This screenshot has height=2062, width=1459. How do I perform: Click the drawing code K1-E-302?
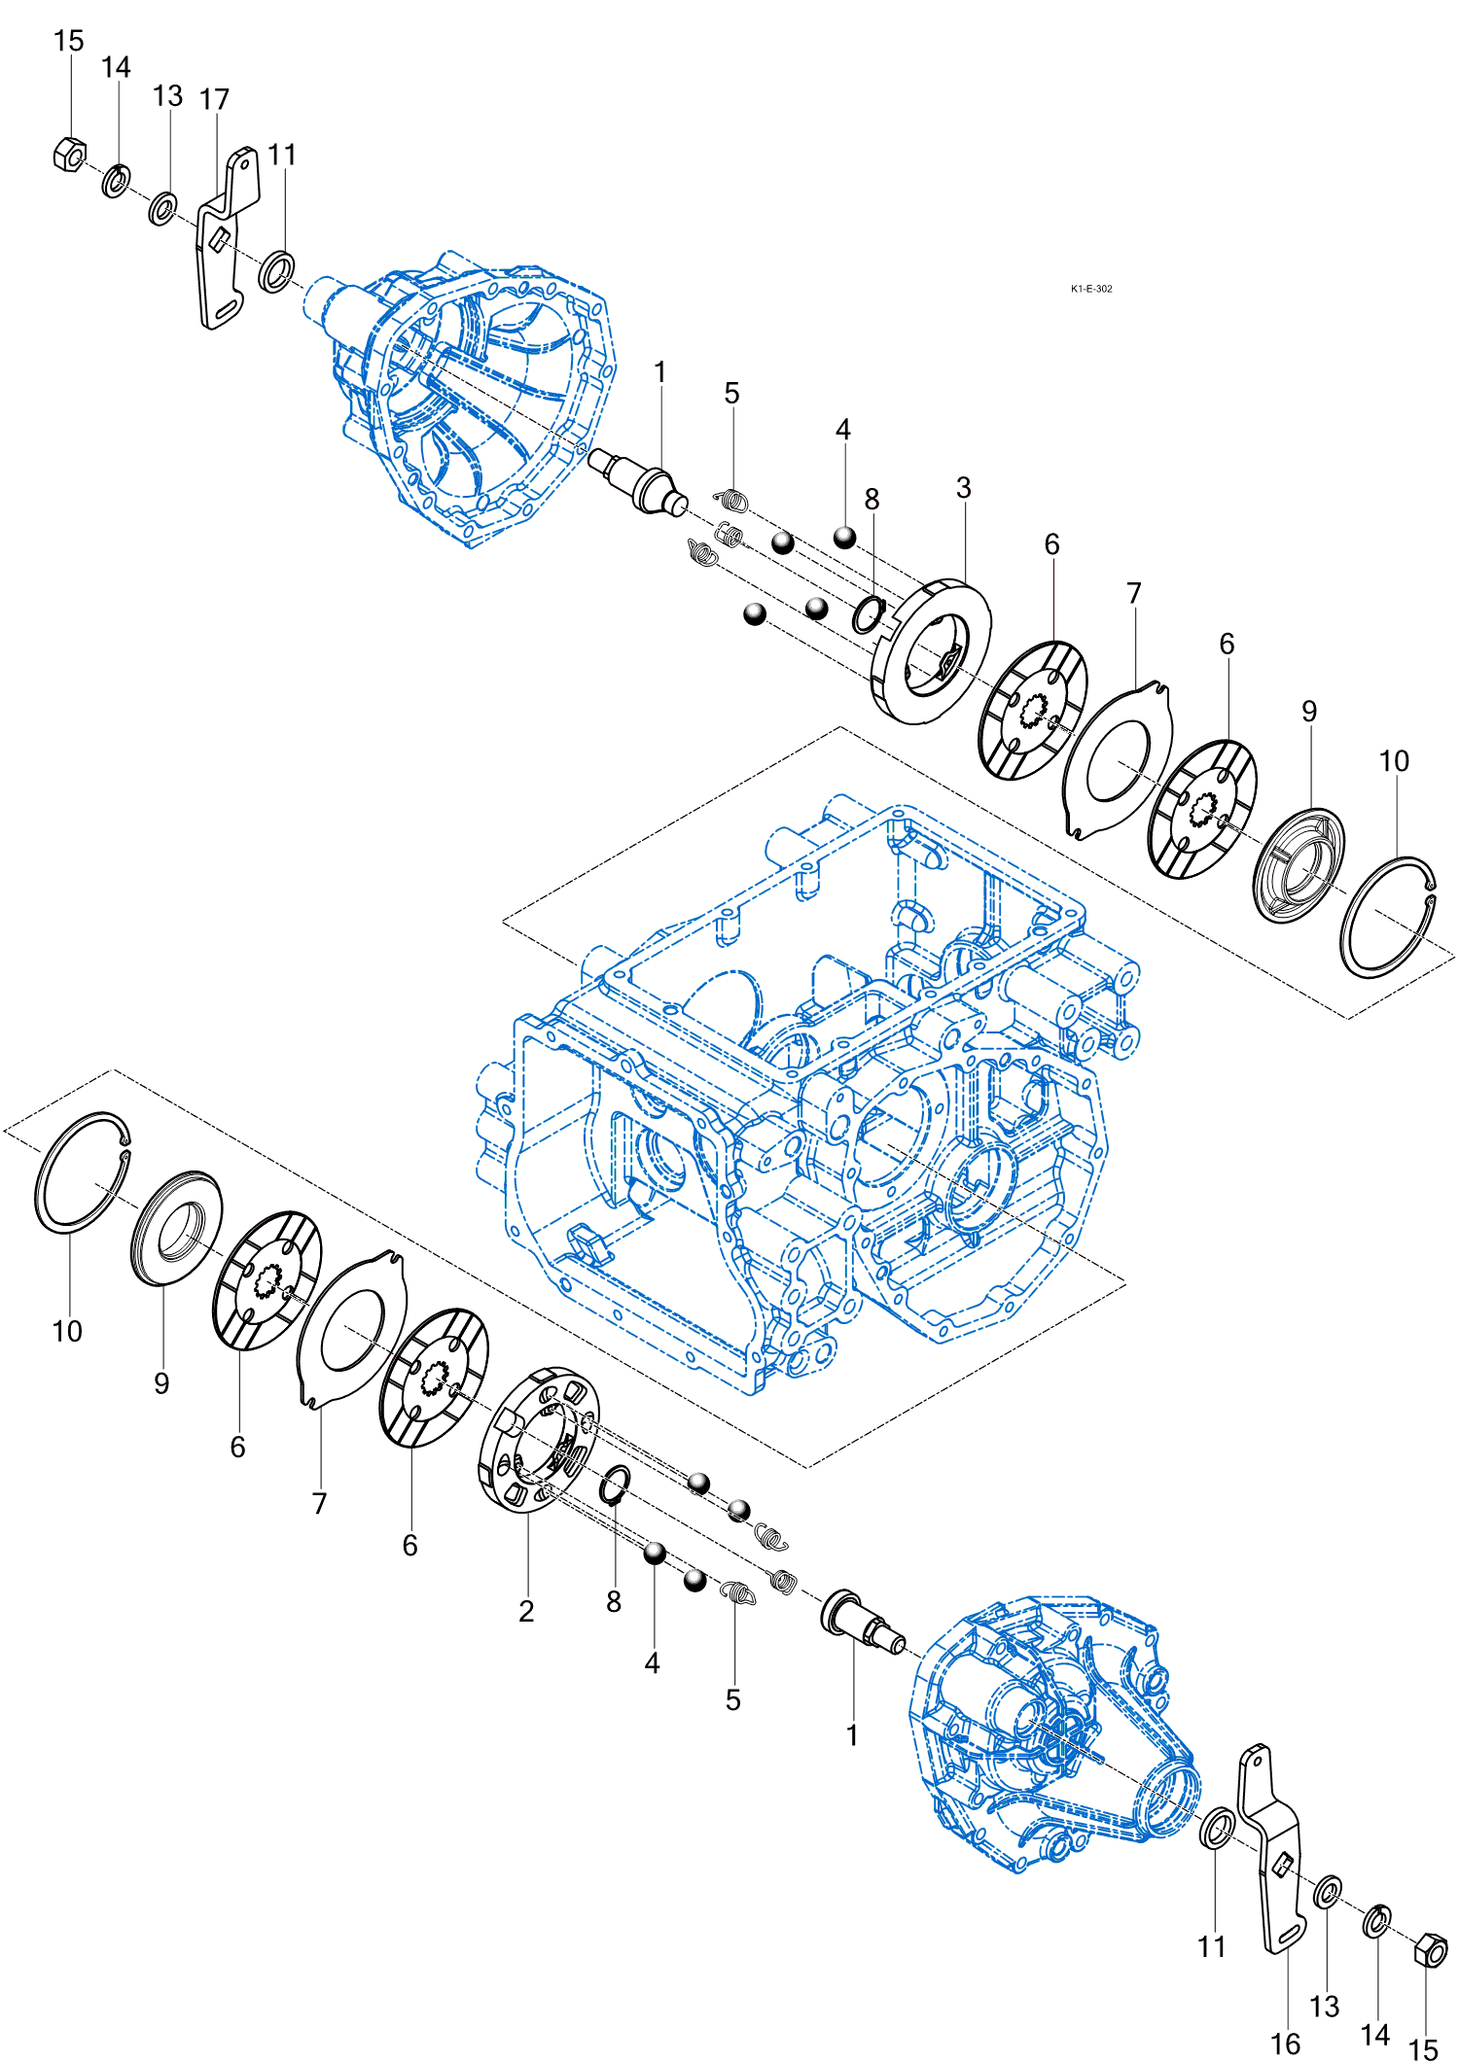point(1091,289)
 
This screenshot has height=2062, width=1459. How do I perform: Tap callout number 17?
point(214,99)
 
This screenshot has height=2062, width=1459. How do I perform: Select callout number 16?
point(1285,2044)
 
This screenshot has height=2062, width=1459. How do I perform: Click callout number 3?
point(963,487)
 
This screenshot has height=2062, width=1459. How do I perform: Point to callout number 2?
point(526,1611)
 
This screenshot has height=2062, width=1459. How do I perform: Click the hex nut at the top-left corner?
point(69,155)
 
